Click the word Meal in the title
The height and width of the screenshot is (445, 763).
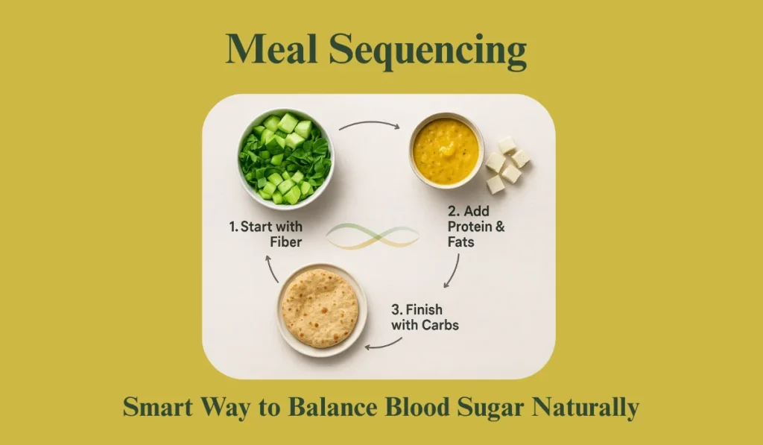click(x=271, y=48)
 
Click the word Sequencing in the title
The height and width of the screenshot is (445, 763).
click(x=428, y=51)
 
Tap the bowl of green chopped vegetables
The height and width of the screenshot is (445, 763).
click(x=285, y=158)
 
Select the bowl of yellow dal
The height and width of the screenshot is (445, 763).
click(x=446, y=151)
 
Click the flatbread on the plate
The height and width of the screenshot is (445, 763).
click(x=320, y=308)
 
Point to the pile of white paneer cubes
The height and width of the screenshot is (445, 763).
click(x=507, y=165)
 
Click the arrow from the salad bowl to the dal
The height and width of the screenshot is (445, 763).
click(x=370, y=124)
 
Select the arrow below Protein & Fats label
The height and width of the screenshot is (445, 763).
click(x=452, y=271)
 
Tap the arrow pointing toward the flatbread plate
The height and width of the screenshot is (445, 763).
click(x=384, y=344)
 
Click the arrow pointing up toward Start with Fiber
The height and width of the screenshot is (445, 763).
click(x=270, y=268)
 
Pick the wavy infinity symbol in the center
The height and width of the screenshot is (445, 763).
click(x=373, y=236)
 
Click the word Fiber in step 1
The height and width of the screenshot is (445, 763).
click(x=286, y=242)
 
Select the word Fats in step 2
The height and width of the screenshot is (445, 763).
click(x=460, y=242)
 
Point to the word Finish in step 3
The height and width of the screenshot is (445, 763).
click(x=424, y=309)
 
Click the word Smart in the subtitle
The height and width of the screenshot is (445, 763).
click(x=158, y=407)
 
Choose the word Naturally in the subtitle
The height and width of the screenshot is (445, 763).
click(x=586, y=408)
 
